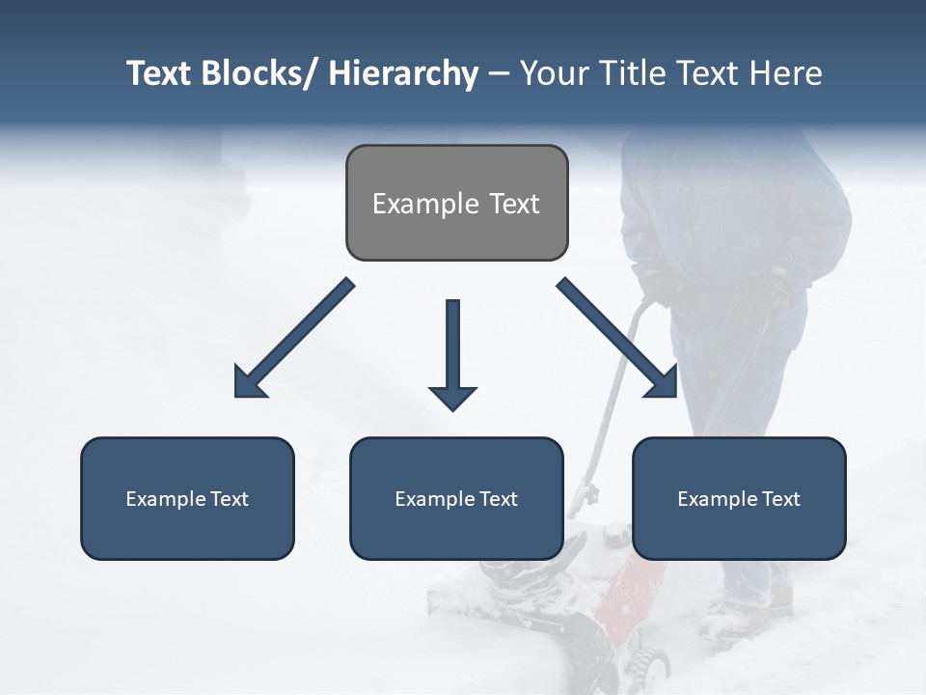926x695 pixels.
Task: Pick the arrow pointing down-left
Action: tap(293, 339)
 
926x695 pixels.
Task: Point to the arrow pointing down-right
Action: tap(617, 338)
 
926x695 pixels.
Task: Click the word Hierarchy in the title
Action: tap(403, 73)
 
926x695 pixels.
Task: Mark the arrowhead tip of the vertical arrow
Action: tap(452, 409)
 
